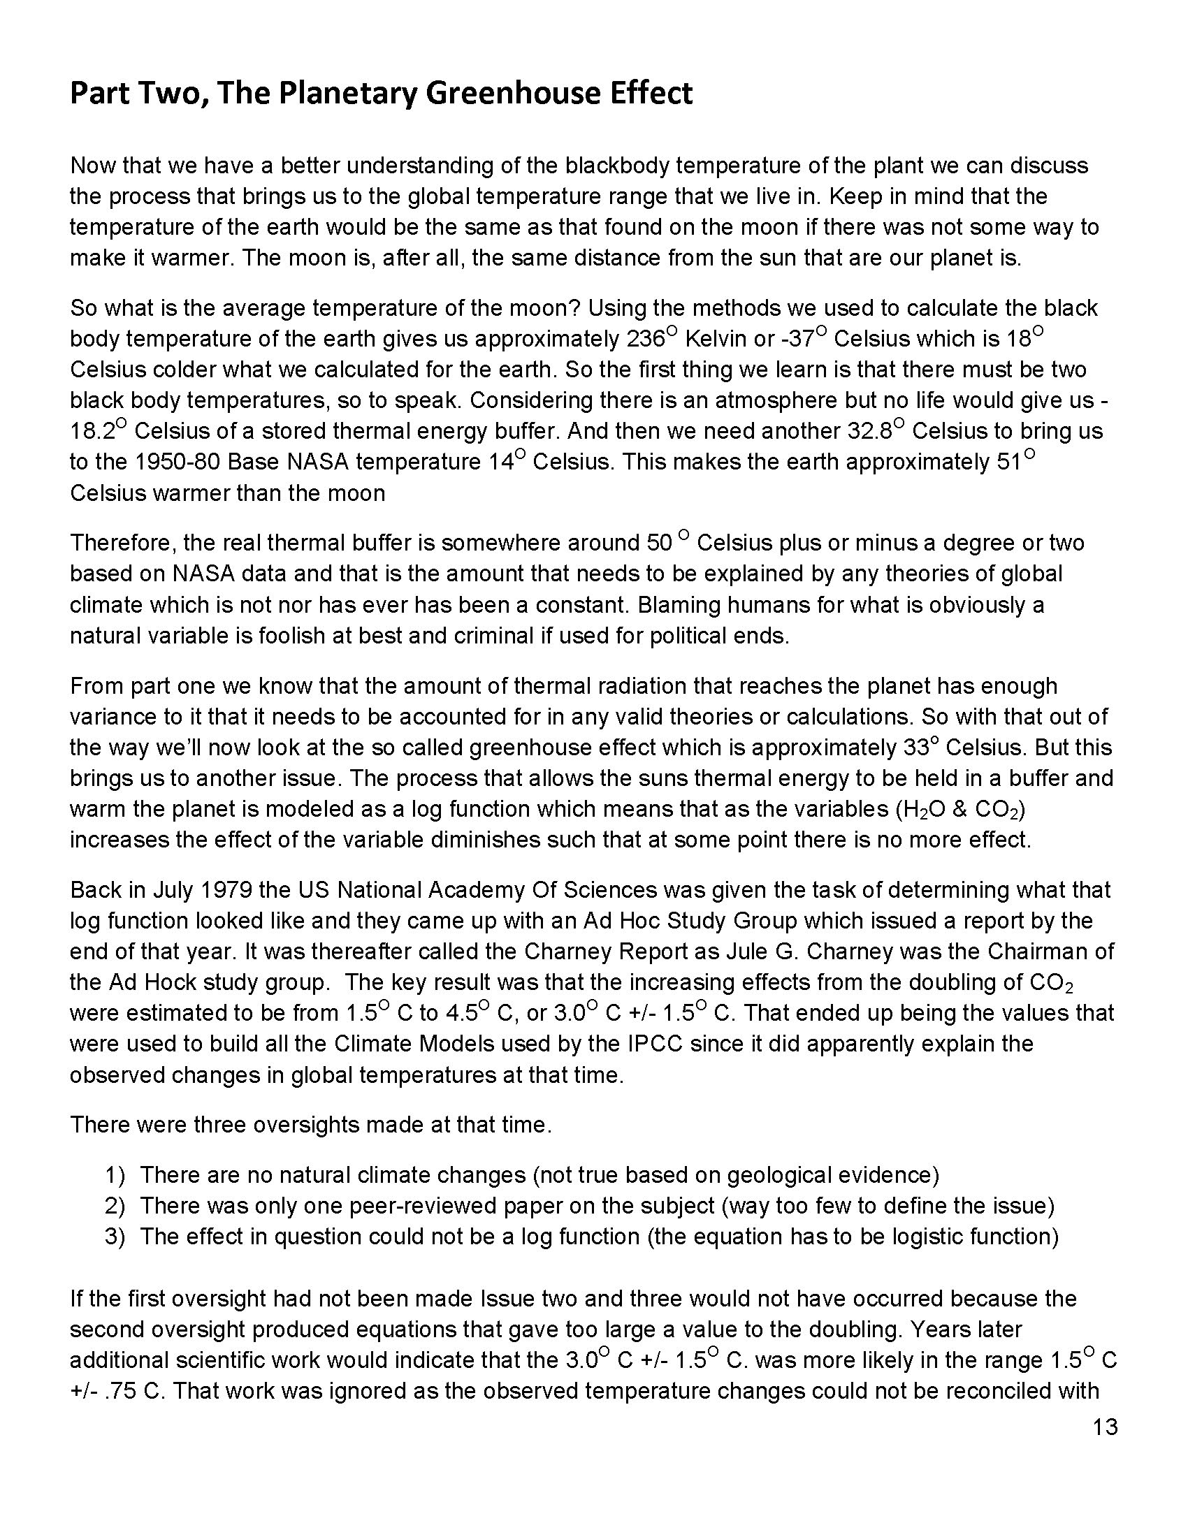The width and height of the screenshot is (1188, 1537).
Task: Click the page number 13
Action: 1106,1428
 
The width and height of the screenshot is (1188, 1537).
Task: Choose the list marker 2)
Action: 115,1207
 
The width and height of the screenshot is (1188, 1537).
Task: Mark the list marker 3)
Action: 115,1237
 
